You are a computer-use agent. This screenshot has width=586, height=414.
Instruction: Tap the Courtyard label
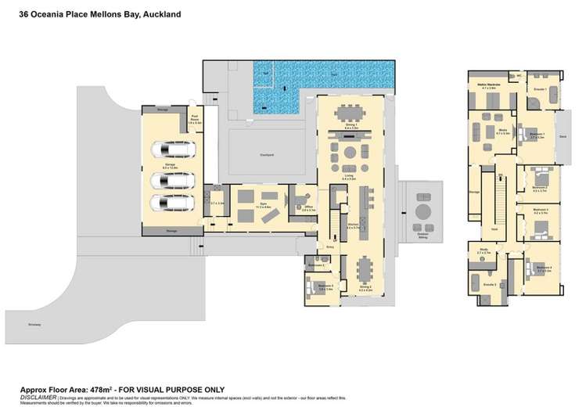pyautogui.click(x=268, y=155)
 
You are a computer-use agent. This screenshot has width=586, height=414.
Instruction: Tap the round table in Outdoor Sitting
pyautogui.click(x=424, y=213)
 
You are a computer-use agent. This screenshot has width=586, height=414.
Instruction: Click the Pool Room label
pyautogui.click(x=196, y=121)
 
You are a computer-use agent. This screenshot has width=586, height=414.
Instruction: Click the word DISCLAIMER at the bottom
pyautogui.click(x=38, y=397)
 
